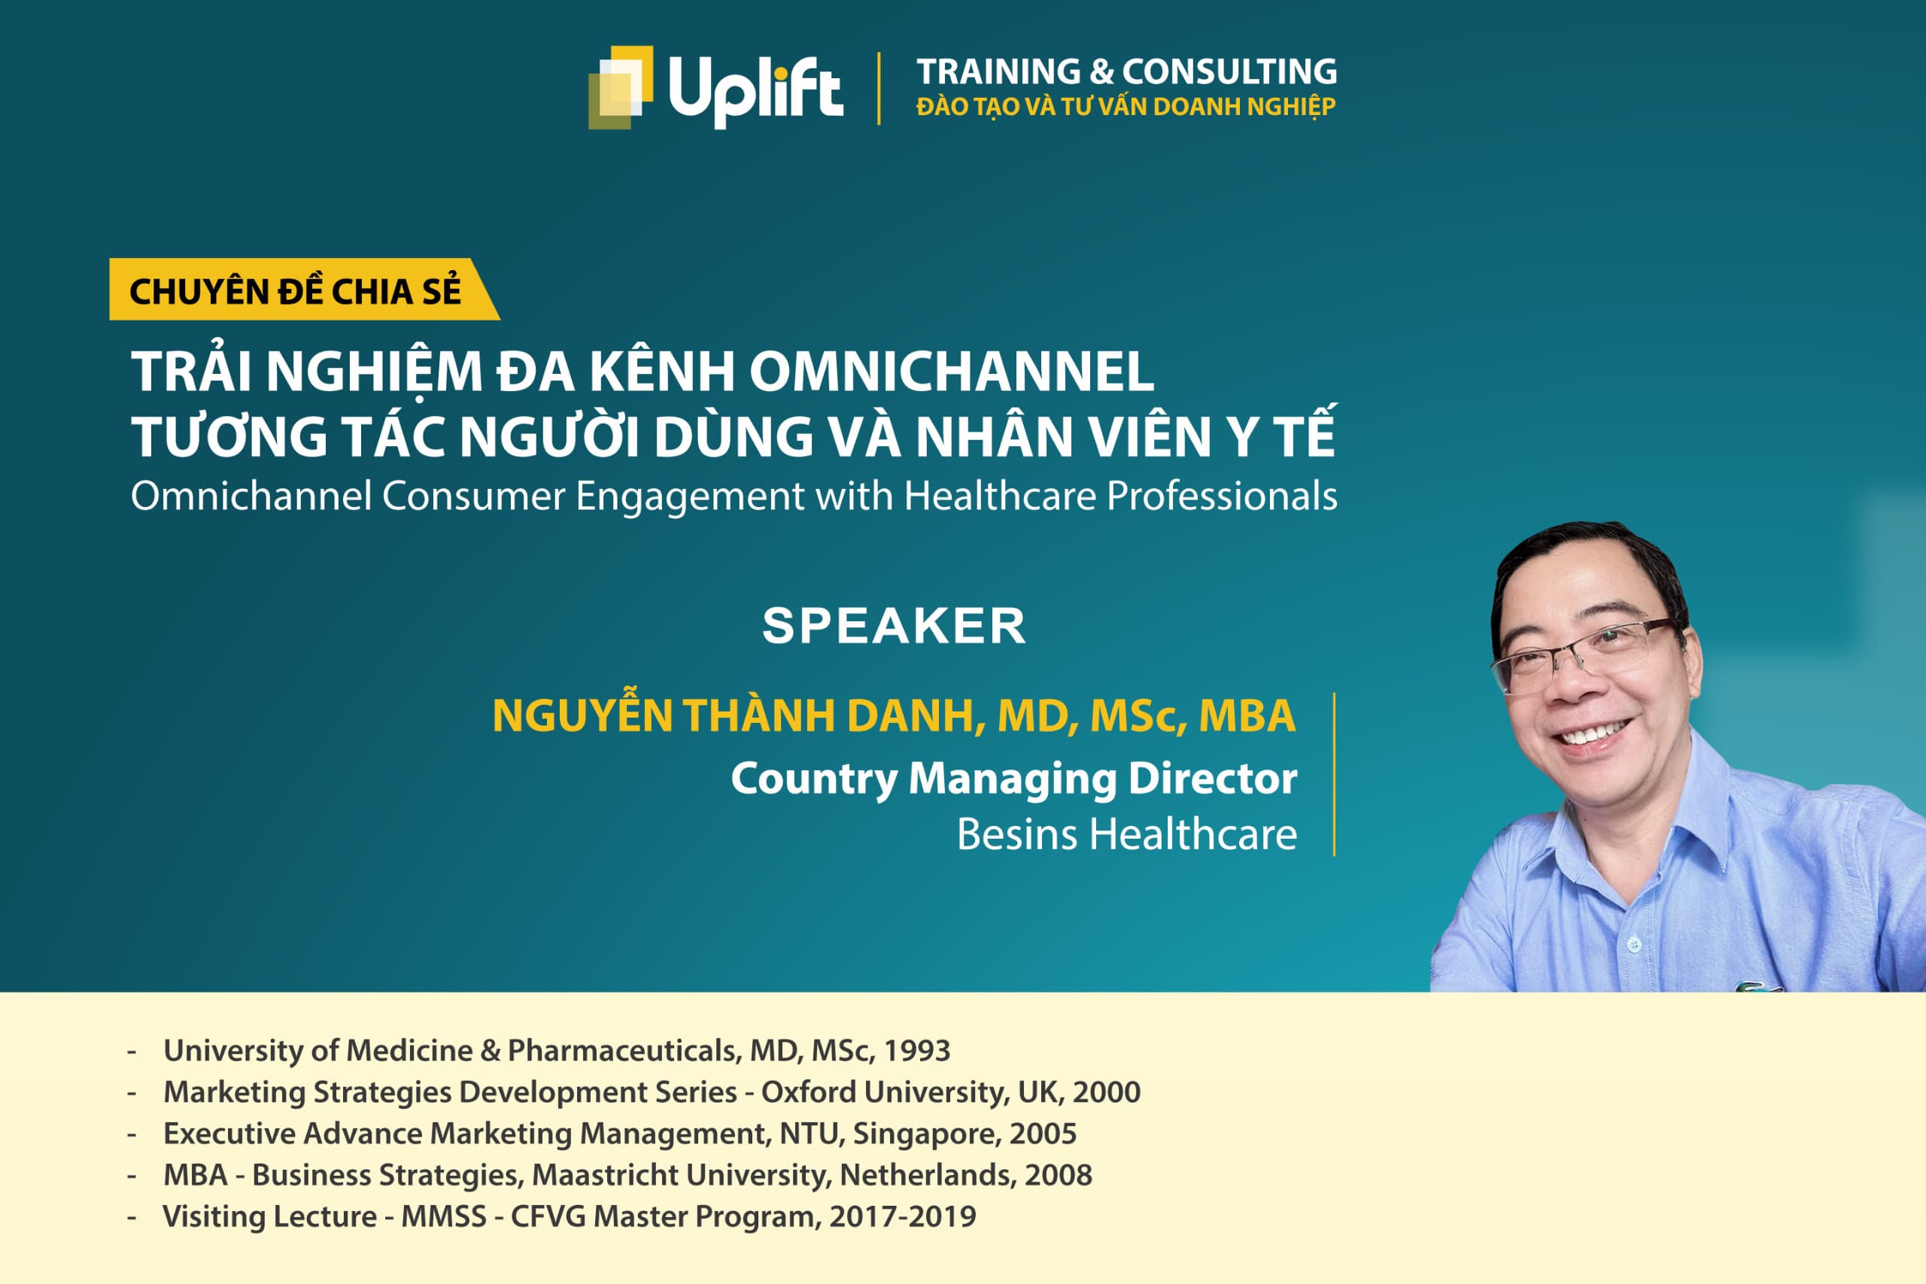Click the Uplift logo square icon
[621, 87]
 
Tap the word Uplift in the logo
[755, 89]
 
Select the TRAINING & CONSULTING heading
[1126, 71]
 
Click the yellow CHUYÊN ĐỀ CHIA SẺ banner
[296, 290]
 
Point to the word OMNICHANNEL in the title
[952, 372]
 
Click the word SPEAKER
[893, 627]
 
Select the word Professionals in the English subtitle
[1222, 496]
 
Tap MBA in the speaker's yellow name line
[1247, 715]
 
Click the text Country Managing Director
[1013, 778]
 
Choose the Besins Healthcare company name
[1126, 835]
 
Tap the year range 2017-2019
[902, 1217]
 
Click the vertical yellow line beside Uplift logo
[879, 89]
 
